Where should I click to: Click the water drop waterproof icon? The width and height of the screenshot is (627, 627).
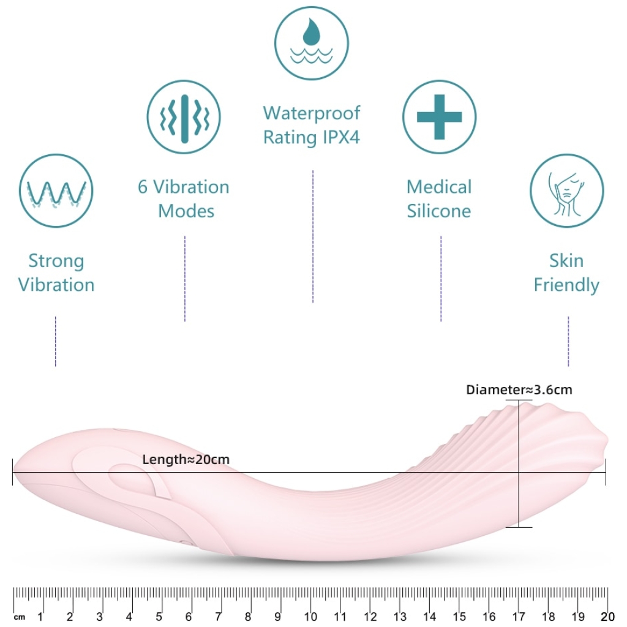pos(312,43)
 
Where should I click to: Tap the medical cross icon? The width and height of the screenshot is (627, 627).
pos(439,117)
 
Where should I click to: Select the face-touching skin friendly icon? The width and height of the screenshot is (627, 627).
pos(566,191)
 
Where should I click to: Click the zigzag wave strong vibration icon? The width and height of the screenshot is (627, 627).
pos(56,191)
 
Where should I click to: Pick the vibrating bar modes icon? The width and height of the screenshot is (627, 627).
pos(184,117)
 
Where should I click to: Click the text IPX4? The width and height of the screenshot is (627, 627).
pos(341,137)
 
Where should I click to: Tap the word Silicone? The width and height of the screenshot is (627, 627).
pos(438,211)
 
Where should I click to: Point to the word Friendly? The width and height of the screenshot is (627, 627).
pos(566,285)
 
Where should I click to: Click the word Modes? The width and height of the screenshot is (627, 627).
pos(186,211)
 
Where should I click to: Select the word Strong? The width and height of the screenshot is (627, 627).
pos(56,261)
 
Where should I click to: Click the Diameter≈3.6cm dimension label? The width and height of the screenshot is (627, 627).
pos(519,389)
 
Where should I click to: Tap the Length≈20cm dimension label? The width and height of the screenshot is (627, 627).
pos(186,459)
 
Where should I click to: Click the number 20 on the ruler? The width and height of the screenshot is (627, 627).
pos(607,617)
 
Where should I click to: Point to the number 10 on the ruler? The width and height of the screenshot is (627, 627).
pos(310,617)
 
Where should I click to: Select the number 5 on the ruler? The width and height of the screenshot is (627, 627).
pos(159,617)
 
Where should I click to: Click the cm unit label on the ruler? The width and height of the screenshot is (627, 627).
pos(20,617)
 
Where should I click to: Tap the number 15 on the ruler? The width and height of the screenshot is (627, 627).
pos(459,617)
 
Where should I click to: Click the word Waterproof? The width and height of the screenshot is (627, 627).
pos(312,113)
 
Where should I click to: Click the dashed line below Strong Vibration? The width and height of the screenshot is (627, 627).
pos(56,341)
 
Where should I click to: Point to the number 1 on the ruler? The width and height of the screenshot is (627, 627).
pos(40,617)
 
